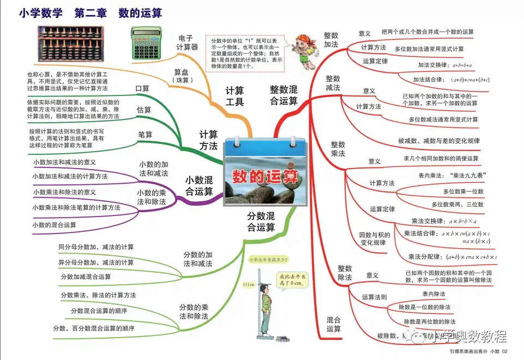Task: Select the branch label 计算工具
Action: (x=235, y=96)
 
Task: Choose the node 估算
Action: (x=144, y=110)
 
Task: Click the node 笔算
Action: (x=146, y=134)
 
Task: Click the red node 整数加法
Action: (x=331, y=40)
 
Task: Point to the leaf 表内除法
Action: (x=433, y=294)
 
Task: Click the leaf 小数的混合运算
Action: (x=55, y=225)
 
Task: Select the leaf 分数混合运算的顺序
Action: (x=99, y=311)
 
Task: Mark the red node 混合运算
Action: (x=334, y=324)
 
